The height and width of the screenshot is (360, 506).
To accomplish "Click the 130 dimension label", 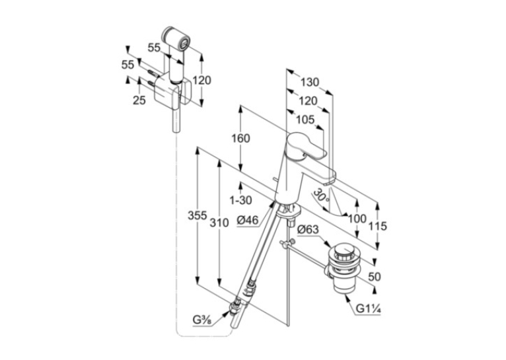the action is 309,83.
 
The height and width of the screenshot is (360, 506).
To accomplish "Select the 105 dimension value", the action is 305,120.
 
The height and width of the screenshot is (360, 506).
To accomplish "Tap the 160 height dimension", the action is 240,139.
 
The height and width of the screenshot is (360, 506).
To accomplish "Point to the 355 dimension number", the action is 197,215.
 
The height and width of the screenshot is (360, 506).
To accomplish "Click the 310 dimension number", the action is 219,223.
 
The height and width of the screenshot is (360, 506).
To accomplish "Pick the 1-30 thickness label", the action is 240,200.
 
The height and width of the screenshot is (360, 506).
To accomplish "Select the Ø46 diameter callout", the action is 248,221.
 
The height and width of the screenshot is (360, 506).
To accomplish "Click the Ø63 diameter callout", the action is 308,230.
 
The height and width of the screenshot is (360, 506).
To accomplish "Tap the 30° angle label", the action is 322,195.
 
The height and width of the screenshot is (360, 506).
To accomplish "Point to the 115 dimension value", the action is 378,226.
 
